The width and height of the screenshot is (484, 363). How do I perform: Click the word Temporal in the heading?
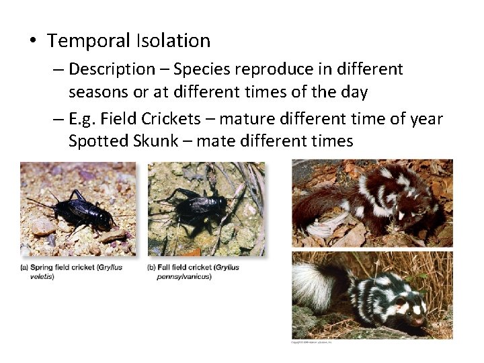tap(88, 41)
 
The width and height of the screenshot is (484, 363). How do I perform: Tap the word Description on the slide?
tap(112, 69)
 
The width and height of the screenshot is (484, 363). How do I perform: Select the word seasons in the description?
tap(100, 88)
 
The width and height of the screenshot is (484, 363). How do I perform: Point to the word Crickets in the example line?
tap(171, 120)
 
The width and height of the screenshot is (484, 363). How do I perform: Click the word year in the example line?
tap(425, 120)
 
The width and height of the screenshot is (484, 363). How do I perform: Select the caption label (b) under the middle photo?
tap(152, 268)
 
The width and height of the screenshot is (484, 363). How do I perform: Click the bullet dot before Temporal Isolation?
tap(32, 42)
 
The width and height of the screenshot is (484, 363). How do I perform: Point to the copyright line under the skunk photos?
tap(311, 341)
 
